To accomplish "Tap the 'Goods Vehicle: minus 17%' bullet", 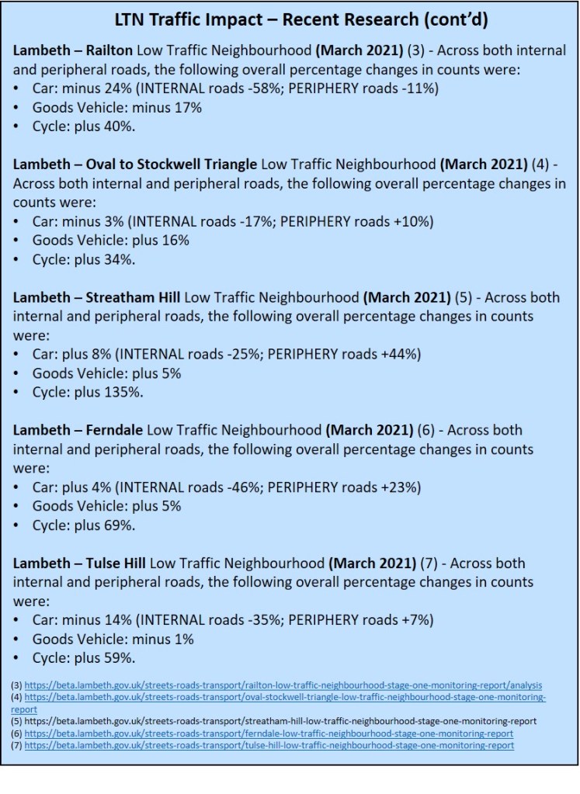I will point(116,107).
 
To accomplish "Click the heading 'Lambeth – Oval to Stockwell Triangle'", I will point(136,165).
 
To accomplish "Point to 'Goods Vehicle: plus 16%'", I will point(110,241).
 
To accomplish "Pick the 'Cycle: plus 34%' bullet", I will point(84,260).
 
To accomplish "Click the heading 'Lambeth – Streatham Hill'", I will point(96,298).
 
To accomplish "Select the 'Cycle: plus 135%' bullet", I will point(88,392).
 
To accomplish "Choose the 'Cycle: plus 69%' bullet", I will point(84,525).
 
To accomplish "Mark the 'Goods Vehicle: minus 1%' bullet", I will point(113,640).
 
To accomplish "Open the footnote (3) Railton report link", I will point(283,685).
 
